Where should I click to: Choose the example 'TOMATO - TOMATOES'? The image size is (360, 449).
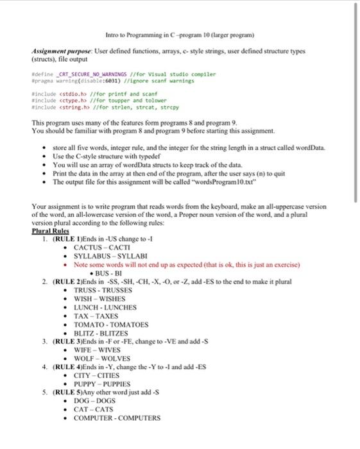point(111,325)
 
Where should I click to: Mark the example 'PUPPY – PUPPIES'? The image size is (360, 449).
point(107,385)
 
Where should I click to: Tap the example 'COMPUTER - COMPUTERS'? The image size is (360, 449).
point(117,418)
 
